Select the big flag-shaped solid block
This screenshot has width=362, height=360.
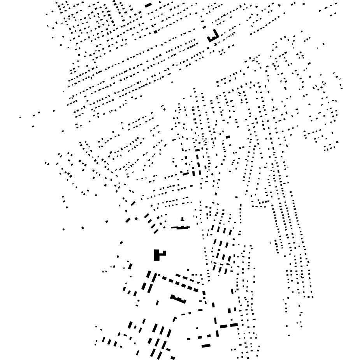pos(158,255)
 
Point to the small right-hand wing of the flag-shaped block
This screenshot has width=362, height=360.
pos(163,253)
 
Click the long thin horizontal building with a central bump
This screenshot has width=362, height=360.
pos(180,228)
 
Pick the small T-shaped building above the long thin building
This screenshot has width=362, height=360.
pos(182,219)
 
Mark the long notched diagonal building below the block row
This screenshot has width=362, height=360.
pos(178,299)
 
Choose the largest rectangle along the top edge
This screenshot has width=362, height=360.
pos(148,5)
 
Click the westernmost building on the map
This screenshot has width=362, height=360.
pos(21,117)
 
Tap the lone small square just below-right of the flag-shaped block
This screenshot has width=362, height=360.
pos(188,270)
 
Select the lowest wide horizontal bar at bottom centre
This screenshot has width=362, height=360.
pos(206,346)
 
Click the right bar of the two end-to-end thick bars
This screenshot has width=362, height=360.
pos(234,325)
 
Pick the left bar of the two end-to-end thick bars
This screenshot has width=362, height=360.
pos(223,326)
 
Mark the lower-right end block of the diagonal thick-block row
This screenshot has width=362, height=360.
pos(196,290)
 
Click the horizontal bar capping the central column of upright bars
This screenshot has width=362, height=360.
pos(197,150)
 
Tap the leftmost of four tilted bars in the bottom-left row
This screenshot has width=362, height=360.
pos(104,339)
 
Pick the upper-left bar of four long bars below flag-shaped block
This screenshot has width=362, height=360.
pos(149,274)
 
